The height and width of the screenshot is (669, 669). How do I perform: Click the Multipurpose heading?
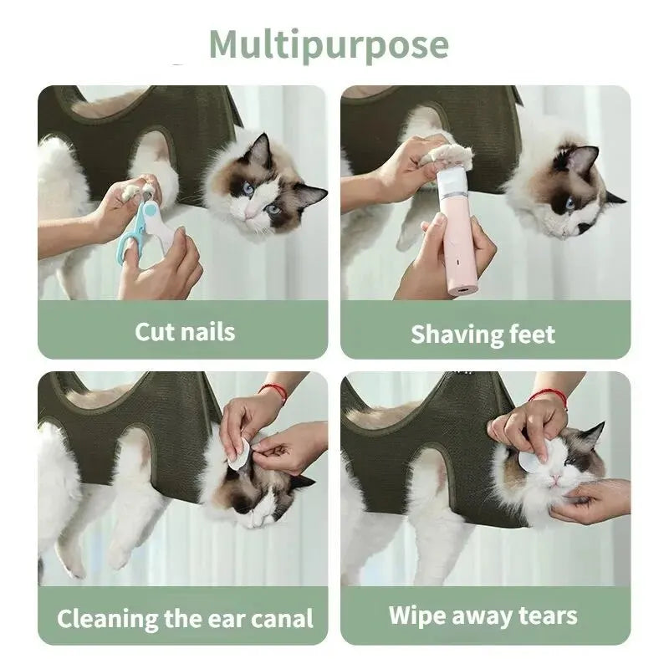[329, 43]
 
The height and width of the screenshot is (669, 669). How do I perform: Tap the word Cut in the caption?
[156, 331]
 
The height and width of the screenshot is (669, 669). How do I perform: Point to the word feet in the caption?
[532, 334]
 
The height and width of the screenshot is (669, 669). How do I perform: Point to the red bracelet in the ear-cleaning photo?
[273, 391]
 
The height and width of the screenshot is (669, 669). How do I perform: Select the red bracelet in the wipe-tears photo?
[549, 396]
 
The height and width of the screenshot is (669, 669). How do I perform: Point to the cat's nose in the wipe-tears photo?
[553, 478]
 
